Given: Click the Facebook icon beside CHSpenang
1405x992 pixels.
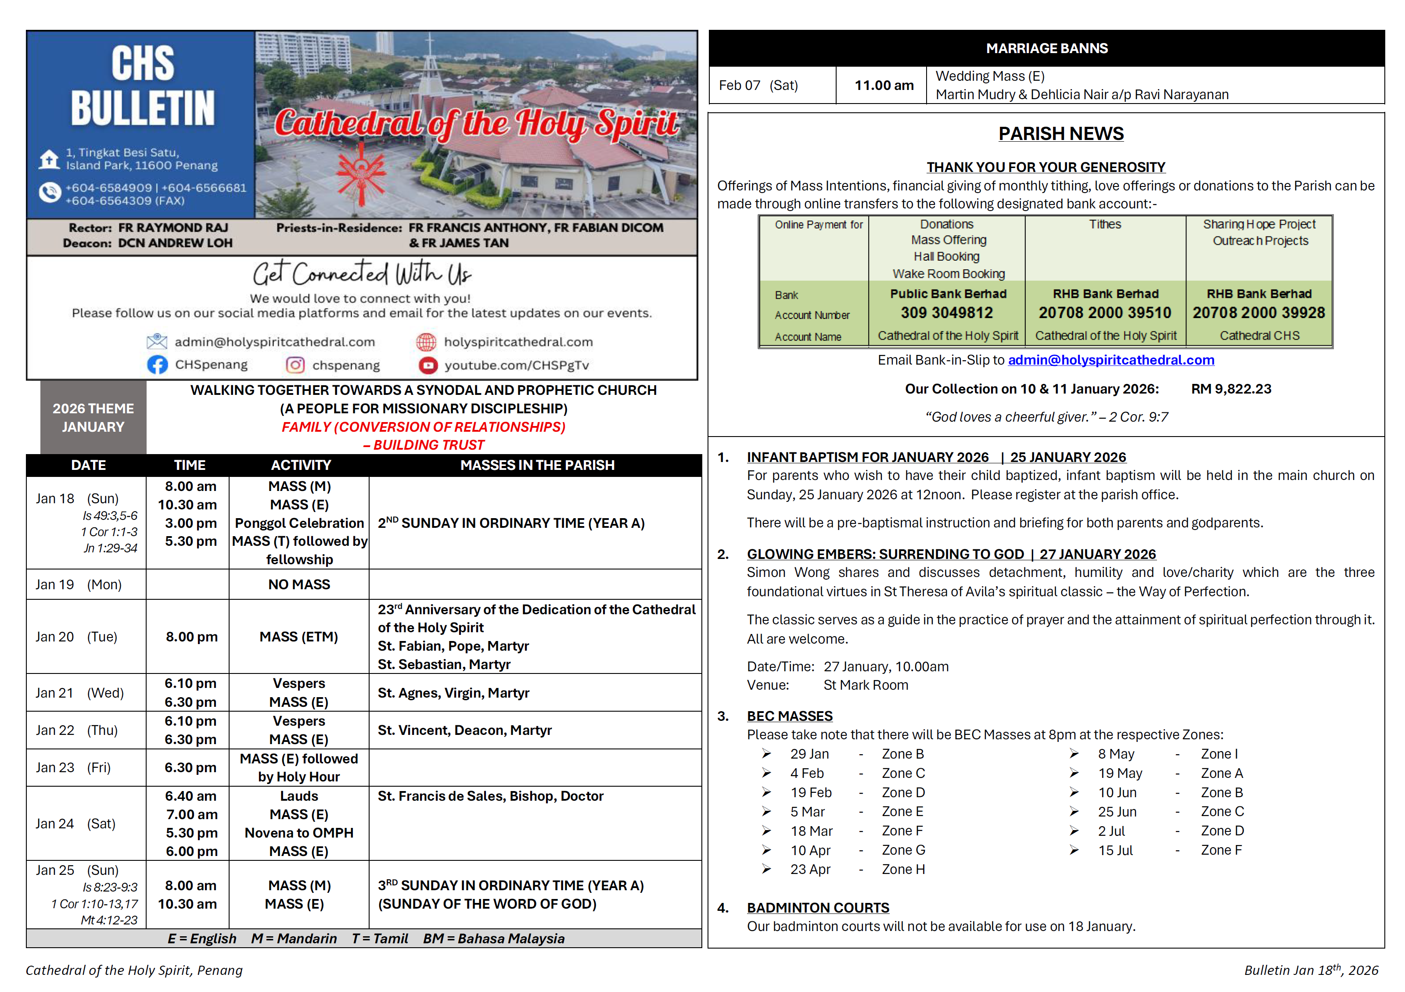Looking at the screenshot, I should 157,365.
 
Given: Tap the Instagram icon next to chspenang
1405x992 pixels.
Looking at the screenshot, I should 295,365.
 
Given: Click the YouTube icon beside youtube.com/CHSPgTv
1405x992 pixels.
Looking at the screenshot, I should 428,365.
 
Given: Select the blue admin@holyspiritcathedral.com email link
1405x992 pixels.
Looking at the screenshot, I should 1110,360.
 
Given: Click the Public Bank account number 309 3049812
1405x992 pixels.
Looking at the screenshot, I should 947,313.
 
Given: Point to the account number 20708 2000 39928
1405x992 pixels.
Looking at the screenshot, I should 1259,313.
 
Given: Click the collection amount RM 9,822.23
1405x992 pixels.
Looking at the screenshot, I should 1231,389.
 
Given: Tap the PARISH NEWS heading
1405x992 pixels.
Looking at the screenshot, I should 1060,134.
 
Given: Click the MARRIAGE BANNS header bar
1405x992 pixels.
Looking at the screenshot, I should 1046,48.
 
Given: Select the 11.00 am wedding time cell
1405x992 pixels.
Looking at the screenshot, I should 884,86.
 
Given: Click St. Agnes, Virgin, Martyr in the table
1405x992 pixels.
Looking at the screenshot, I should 453,693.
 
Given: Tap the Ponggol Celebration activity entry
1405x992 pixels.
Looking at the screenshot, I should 299,523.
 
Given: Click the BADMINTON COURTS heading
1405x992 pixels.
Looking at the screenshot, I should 818,908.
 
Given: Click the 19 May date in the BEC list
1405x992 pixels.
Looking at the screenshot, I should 1120,774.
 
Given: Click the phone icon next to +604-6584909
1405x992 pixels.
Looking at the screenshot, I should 49,193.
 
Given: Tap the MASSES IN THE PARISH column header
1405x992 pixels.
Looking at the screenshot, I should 537,466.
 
